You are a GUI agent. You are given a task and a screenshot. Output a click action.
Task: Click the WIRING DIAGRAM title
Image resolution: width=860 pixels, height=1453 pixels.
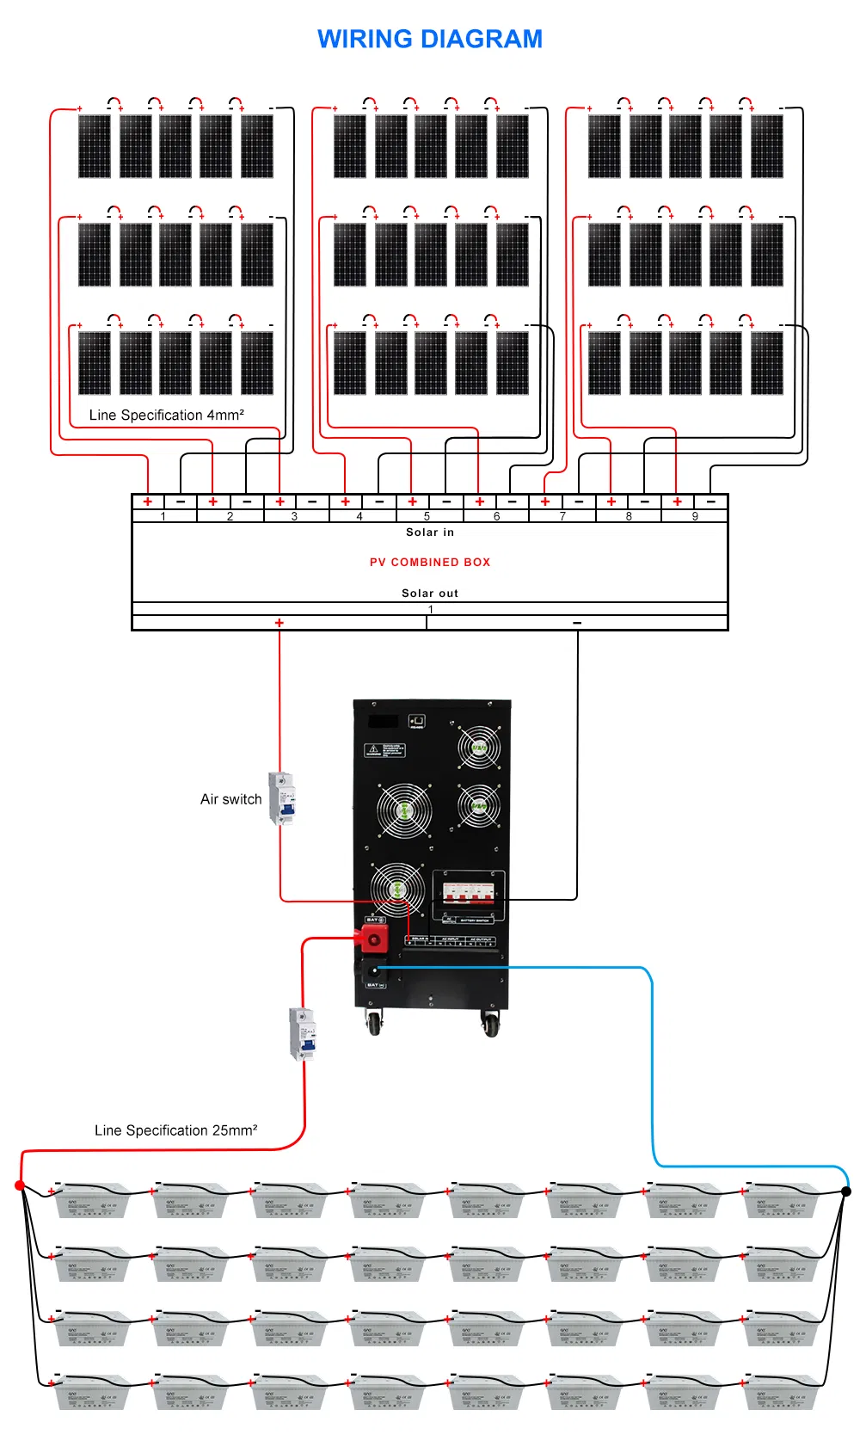430,40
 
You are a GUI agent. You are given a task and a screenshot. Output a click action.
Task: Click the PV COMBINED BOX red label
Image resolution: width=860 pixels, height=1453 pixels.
430,562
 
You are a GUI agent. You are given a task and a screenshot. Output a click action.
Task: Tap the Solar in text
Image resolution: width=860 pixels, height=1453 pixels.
430,533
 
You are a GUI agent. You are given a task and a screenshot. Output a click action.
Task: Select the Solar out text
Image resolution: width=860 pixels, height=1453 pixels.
430,593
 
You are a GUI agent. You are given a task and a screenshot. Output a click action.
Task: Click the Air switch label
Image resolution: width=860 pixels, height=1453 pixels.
230,799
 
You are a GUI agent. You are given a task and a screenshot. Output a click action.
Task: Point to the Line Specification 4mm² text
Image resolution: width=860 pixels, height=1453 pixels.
167,415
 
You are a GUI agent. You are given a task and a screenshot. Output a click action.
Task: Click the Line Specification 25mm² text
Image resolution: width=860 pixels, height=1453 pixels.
175,1130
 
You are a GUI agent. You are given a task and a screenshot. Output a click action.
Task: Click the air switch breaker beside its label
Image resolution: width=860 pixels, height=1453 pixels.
281,798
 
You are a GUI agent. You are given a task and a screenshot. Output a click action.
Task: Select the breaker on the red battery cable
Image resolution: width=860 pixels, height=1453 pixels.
302,1033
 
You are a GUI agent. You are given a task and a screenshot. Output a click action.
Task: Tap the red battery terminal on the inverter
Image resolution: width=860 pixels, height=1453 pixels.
374,938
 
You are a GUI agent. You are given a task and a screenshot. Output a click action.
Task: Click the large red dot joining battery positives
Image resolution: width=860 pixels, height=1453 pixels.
20,1185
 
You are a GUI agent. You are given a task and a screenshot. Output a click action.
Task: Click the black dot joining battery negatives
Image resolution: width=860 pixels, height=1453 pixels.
846,1191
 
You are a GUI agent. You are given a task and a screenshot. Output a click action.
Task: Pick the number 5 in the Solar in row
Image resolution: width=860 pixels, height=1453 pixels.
427,517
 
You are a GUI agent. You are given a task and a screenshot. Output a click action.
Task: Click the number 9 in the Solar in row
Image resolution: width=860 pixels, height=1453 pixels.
695,517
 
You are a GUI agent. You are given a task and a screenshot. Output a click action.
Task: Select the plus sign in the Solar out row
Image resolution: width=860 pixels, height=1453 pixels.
279,623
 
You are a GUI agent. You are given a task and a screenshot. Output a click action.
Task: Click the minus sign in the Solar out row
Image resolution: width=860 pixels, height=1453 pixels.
577,623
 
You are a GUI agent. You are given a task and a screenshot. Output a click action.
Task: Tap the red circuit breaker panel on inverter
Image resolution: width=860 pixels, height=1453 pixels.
469,892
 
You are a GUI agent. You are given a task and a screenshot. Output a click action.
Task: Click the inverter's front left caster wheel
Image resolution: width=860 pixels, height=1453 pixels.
374,1024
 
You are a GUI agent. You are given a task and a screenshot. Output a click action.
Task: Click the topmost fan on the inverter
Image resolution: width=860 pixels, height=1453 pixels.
479,747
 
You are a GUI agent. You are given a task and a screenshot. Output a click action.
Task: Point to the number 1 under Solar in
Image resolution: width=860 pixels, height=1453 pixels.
163,517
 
